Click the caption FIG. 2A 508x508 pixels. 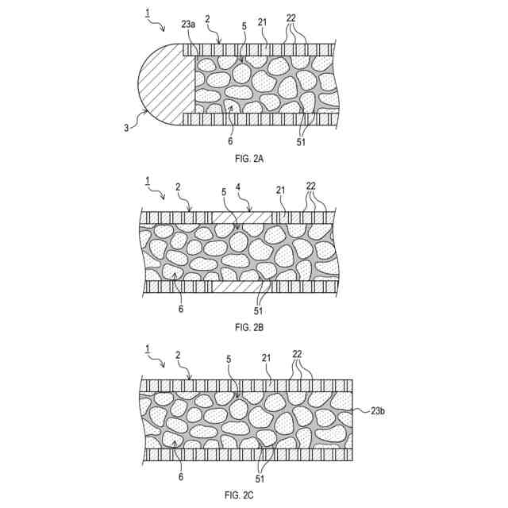click(249, 159)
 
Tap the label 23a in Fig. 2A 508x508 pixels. click(188, 25)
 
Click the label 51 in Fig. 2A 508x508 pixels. click(301, 143)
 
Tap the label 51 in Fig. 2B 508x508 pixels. click(260, 310)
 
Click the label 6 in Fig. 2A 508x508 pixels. click(231, 140)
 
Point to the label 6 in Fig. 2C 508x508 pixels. click(180, 477)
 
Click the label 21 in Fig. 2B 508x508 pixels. click(280, 190)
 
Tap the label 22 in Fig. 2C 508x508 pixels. click(297, 354)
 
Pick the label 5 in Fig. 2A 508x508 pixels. click(244, 26)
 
